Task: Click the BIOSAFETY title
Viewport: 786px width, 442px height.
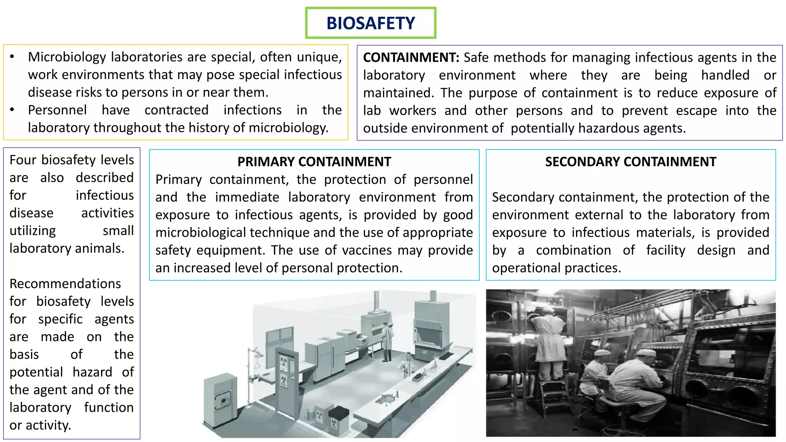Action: [x=370, y=23]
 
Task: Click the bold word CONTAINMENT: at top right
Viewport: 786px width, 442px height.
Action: [x=411, y=58]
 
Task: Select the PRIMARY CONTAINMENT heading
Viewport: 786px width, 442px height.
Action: [x=314, y=162]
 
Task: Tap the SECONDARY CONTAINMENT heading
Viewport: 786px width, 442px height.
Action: [x=631, y=162]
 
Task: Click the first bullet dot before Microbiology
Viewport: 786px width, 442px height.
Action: [x=12, y=57]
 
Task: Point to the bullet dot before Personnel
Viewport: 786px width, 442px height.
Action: [x=12, y=110]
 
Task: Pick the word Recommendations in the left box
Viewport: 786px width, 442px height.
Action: [x=65, y=284]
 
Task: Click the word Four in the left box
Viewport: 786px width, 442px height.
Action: [x=23, y=160]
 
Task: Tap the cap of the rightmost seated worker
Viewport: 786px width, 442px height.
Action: [x=646, y=352]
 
